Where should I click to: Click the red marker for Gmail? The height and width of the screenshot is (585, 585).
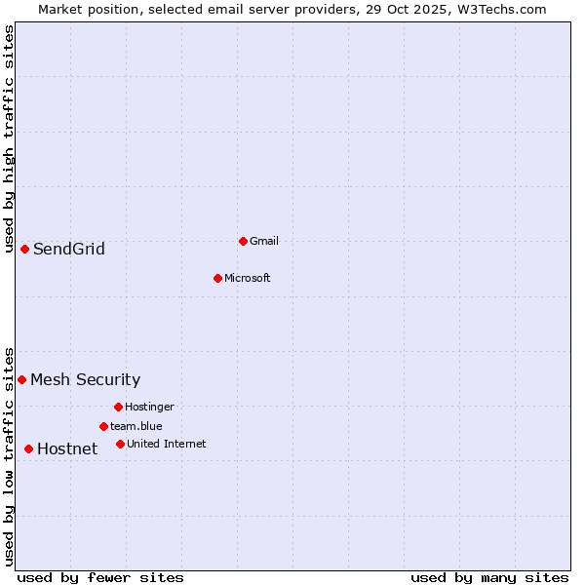[243, 241]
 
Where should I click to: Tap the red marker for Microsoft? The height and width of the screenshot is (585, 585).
[217, 278]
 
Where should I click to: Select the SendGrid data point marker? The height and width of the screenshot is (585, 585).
[24, 249]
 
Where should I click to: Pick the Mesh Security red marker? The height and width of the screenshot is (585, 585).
[21, 379]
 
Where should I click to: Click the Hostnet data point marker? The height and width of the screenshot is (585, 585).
[28, 448]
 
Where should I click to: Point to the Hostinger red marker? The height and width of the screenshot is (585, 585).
[118, 407]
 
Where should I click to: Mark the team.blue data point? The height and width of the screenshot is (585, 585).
[103, 426]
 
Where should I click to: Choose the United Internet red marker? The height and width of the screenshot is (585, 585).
[120, 444]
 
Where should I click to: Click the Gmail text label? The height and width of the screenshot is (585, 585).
[264, 241]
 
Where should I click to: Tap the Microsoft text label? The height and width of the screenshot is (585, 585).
[247, 278]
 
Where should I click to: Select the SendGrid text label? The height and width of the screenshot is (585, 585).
[68, 250]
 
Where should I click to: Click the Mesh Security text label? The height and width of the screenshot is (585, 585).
[85, 380]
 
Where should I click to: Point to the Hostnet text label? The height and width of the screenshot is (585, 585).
[67, 449]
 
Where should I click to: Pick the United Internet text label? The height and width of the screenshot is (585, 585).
[166, 444]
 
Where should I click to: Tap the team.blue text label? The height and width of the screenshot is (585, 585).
[136, 426]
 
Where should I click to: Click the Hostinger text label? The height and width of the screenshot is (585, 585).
[149, 407]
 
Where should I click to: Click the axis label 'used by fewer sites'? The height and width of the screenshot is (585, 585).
[100, 577]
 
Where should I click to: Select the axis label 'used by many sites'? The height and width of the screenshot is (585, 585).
[489, 577]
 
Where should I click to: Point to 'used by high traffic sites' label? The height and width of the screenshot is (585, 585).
[9, 138]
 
